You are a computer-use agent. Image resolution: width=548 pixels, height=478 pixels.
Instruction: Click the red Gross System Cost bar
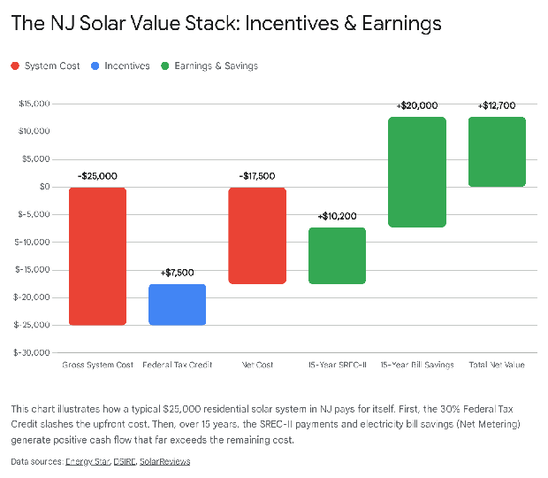click(x=97, y=256)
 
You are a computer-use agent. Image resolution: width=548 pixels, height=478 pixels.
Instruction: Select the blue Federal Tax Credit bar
click(x=177, y=305)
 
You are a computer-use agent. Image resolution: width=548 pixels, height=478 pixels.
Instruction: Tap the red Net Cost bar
click(x=256, y=235)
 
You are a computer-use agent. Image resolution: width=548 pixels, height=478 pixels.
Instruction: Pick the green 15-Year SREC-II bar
click(x=337, y=256)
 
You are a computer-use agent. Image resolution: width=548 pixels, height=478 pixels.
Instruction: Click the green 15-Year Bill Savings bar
click(x=417, y=172)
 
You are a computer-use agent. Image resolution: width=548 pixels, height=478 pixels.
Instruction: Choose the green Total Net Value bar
click(x=497, y=151)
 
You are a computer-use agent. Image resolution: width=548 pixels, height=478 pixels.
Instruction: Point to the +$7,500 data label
click(x=177, y=273)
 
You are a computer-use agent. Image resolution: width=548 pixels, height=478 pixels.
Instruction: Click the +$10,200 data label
click(x=337, y=216)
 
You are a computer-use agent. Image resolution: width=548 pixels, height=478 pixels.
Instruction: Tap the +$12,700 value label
click(x=497, y=105)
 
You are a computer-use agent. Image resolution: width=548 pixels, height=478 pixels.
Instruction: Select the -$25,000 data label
click(x=97, y=175)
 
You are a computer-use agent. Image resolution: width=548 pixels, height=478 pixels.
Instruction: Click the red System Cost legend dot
click(x=16, y=66)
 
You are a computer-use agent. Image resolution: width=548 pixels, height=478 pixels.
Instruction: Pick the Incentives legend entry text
click(x=127, y=66)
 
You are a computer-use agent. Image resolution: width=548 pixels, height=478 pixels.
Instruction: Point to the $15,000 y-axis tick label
click(x=34, y=104)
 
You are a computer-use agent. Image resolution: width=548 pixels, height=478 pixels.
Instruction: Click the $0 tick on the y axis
click(x=42, y=187)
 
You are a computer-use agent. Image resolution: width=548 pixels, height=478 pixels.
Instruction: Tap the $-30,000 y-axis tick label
click(x=32, y=352)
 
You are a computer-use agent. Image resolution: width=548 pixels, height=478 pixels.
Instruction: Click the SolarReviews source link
click(x=165, y=461)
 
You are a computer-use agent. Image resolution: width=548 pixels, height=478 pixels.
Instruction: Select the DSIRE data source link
click(x=125, y=461)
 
